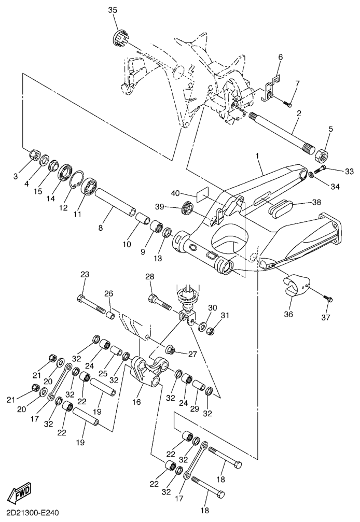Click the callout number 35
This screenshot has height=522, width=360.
pyautogui.click(x=113, y=10)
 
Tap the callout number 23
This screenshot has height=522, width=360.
pyautogui.click(x=85, y=275)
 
